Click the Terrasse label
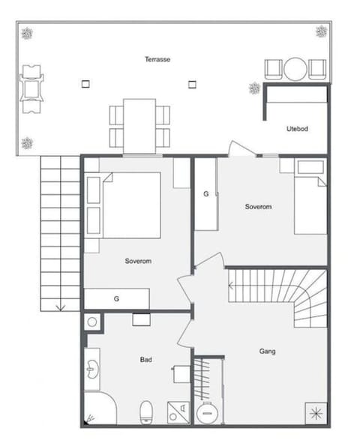tap(157, 58)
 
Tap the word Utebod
tap(297, 128)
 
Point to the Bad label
tap(146, 360)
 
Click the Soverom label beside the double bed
tap(139, 261)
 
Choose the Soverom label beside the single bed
tap(258, 206)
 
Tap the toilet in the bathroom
tap(147, 409)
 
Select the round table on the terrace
tap(295, 69)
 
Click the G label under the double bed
tap(116, 298)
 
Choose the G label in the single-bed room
tap(206, 194)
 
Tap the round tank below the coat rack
tap(205, 413)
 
